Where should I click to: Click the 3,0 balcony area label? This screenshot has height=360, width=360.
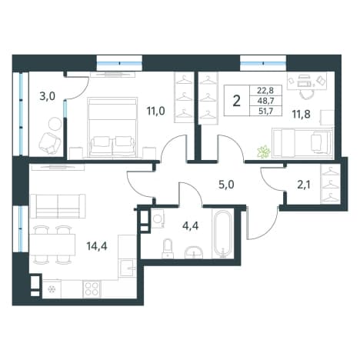coord(47,96)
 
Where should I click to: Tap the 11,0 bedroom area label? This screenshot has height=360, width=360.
coord(155,111)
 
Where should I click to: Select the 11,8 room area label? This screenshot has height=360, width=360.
coord(301,115)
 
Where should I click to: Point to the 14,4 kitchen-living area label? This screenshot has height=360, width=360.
coord(97,246)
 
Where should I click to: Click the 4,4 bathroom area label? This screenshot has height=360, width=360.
coord(190,226)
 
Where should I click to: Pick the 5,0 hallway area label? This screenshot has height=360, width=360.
coord(226,185)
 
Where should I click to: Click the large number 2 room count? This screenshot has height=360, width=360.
coord(237,101)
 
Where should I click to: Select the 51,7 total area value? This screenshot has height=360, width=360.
coord(265,112)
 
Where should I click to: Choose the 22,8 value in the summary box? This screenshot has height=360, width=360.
coord(265,90)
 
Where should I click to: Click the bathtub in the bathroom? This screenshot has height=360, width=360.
coord(223,234)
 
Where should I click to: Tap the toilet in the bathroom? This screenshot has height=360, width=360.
coord(168,248)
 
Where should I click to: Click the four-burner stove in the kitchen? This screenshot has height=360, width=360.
coord(92,289)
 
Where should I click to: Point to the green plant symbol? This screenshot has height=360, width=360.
coord(264,152)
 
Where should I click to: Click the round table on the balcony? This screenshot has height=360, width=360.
coord(55,124)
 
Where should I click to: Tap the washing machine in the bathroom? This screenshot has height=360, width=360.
coord(158,218)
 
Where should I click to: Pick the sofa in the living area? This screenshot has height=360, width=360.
coord(58,206)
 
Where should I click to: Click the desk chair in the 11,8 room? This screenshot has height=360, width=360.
coord(307,95)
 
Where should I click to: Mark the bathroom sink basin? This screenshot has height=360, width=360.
coord(194,252)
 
